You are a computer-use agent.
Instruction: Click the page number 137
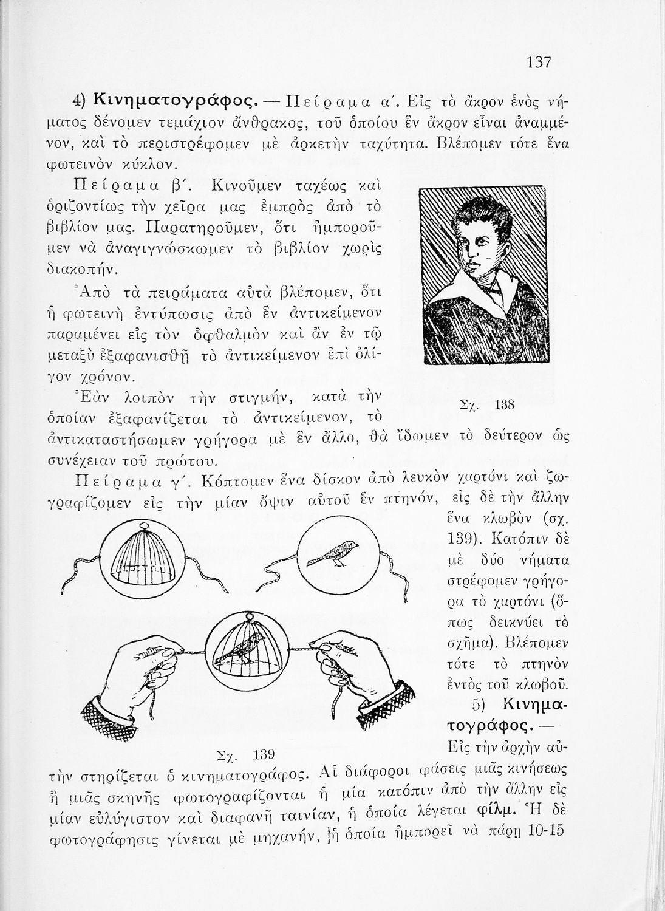pos(538,62)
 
